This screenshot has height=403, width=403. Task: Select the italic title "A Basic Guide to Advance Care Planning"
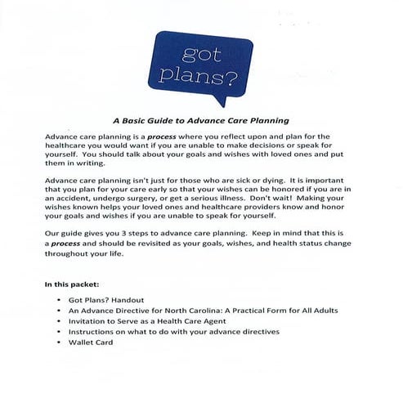point(201,119)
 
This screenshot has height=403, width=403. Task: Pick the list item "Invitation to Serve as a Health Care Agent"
point(159,322)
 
